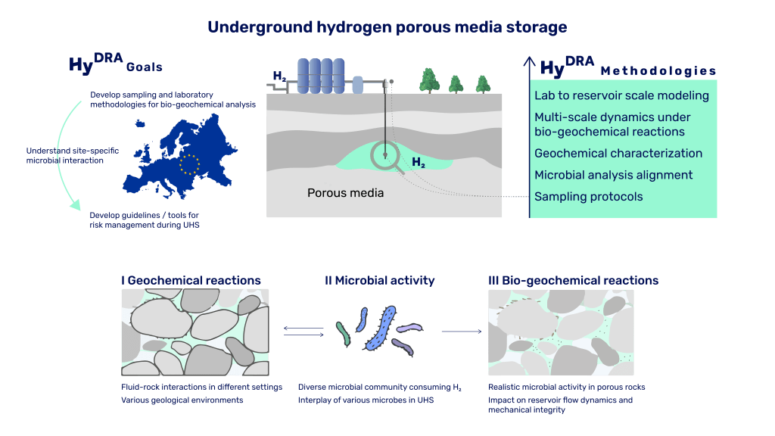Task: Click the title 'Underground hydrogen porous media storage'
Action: coord(387,28)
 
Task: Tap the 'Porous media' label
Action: coord(345,193)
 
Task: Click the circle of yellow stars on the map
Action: coord(190,163)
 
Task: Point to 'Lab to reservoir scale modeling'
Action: coord(621,95)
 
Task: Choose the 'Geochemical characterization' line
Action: coord(618,153)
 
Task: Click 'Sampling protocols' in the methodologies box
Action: coord(588,197)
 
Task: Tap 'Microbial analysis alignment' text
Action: coord(613,175)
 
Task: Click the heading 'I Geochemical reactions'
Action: coord(191,280)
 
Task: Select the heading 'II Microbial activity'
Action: coord(379,280)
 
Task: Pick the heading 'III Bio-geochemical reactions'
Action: coord(574,280)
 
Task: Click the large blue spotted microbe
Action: coord(380,329)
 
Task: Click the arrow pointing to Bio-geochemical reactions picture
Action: coord(461,331)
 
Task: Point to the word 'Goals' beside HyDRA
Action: coord(144,67)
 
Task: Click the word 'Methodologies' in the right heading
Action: coord(658,72)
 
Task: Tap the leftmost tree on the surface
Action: coord(429,79)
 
